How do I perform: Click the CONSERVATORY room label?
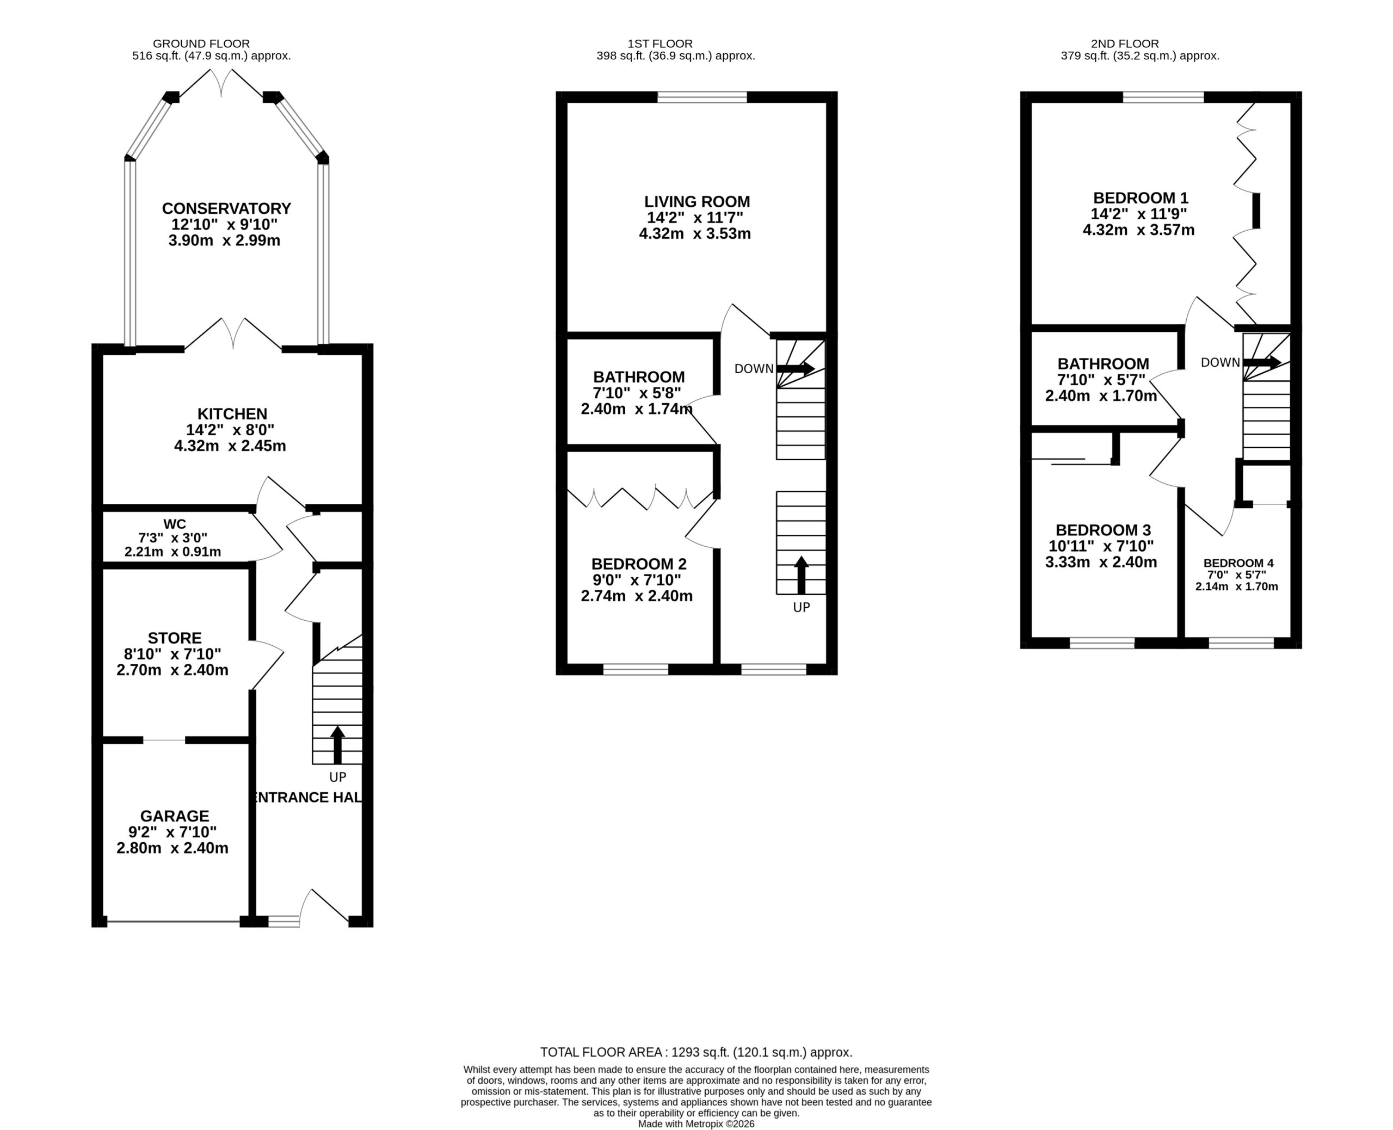[x=226, y=208]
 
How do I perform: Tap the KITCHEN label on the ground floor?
[x=232, y=414]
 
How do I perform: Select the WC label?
[x=175, y=524]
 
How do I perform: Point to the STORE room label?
[x=175, y=638]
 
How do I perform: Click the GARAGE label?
[x=175, y=816]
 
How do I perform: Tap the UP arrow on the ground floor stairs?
[x=337, y=745]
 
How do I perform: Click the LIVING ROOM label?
[x=697, y=202]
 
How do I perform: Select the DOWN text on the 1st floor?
[x=754, y=369]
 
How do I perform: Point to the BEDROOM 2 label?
[x=639, y=564]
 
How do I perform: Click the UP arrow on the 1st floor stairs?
[x=802, y=575]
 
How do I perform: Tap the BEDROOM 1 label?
[x=1141, y=198]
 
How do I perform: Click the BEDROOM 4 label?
[x=1238, y=563]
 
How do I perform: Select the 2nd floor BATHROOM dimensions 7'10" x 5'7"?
[x=1102, y=380]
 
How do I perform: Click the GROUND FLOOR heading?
[x=201, y=44]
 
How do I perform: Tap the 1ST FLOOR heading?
[x=660, y=44]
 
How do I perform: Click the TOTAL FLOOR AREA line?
[x=696, y=1052]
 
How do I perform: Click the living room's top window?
[x=702, y=97]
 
